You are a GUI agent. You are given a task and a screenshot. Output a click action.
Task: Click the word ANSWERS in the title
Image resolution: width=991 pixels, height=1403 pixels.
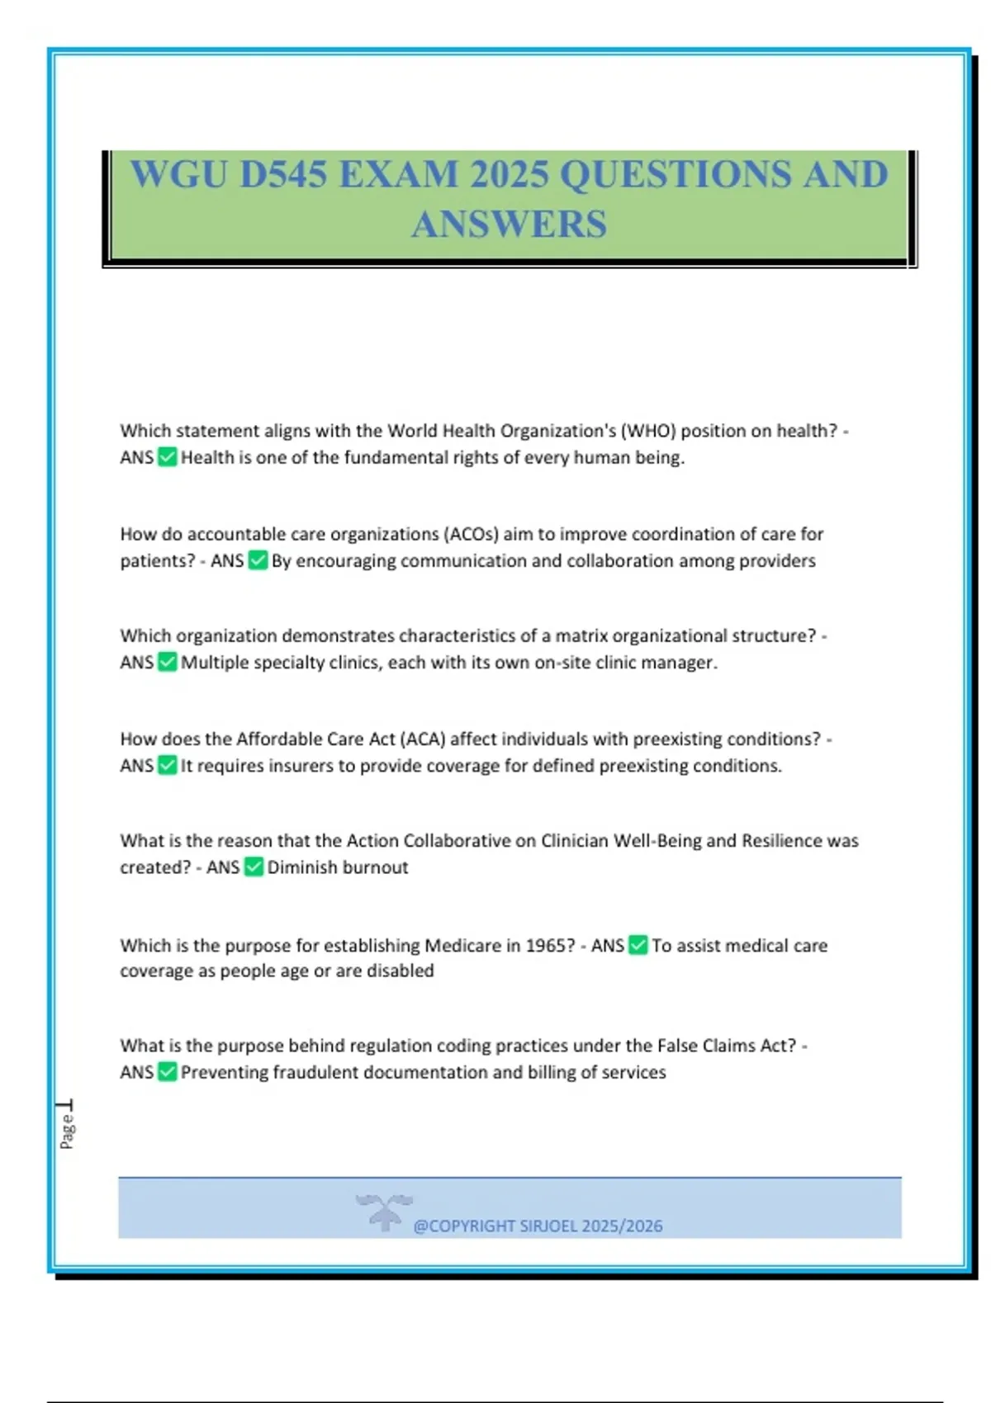[509, 224]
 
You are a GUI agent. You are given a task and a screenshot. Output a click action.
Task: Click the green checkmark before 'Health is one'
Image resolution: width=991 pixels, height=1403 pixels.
[168, 457]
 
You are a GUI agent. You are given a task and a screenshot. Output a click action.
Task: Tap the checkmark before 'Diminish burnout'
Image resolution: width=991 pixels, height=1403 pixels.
[254, 867]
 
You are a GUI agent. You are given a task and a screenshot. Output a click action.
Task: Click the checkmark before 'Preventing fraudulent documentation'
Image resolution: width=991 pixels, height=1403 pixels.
[168, 1072]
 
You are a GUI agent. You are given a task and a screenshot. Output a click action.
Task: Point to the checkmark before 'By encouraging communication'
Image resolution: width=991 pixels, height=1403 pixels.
[258, 560]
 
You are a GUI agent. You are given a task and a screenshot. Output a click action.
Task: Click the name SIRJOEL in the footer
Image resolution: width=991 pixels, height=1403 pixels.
[548, 1226]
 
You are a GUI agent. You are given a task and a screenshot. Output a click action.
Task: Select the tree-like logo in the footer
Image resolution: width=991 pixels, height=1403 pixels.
[384, 1212]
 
